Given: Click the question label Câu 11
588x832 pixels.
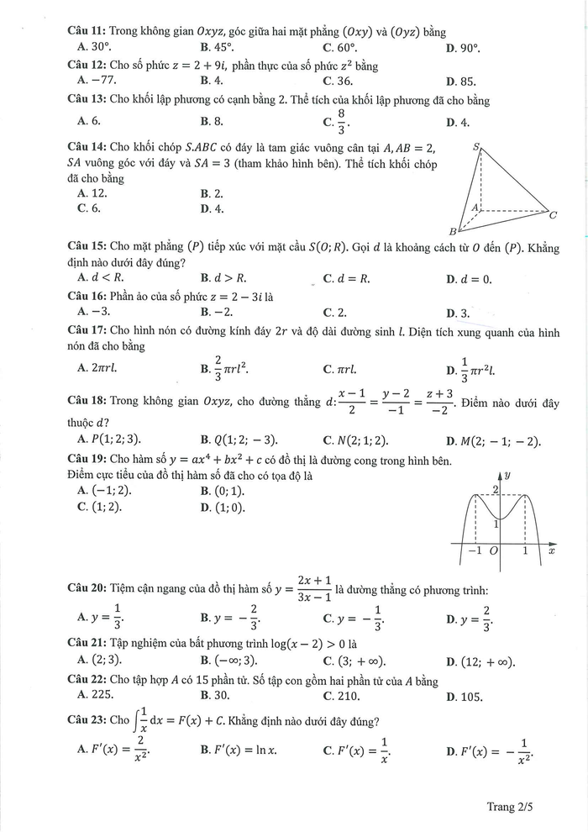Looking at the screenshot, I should [x=85, y=32].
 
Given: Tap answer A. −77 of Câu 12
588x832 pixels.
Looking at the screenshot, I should [x=96, y=81].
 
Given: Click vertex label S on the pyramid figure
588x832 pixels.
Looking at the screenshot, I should [x=476, y=147].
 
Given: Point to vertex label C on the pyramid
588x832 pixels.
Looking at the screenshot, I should [x=553, y=215].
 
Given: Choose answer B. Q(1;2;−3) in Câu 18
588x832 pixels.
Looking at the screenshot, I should [x=239, y=440].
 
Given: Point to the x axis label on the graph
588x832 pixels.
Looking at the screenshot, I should [x=551, y=552].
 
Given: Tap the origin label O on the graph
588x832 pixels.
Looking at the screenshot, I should [x=493, y=552].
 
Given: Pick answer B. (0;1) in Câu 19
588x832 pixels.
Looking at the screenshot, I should [x=223, y=490].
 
